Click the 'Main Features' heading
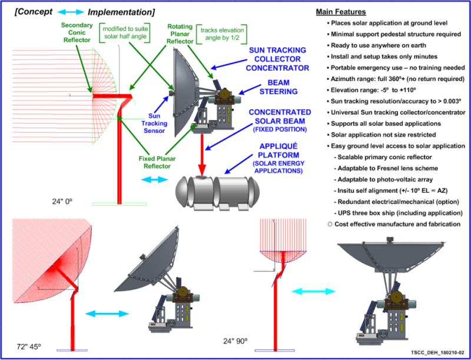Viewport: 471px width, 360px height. (341, 12)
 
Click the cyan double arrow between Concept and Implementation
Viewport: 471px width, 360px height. (71, 12)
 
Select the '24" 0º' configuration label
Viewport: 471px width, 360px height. (62, 201)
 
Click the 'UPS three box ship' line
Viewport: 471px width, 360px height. (398, 213)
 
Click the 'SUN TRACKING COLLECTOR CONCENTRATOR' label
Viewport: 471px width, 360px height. (277, 59)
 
